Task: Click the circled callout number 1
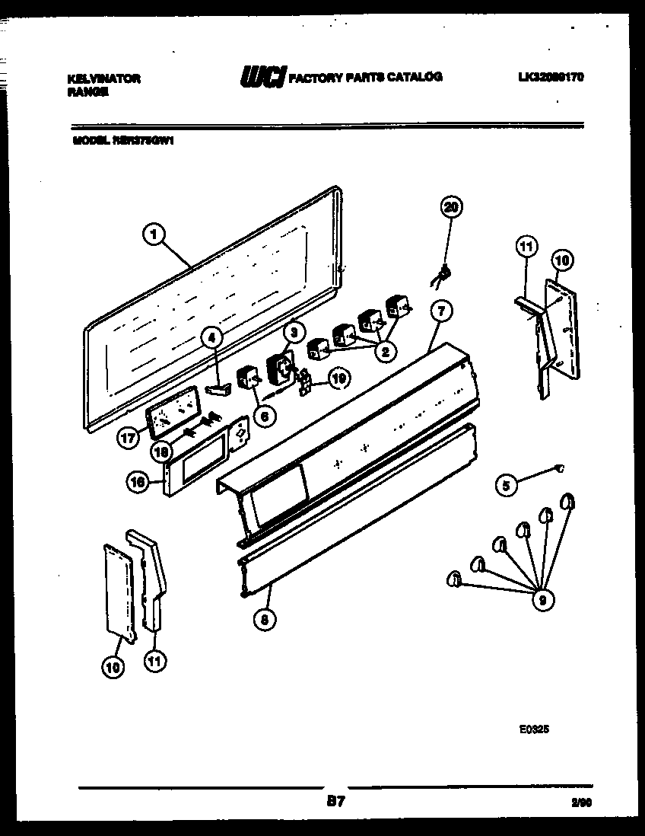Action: coord(154,236)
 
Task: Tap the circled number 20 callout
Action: coord(452,207)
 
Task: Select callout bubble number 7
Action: coord(440,310)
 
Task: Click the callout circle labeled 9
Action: coord(542,600)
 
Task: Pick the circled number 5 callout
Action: coord(505,484)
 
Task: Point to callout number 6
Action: coord(265,416)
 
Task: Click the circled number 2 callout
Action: coord(385,351)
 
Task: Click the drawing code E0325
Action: coord(534,729)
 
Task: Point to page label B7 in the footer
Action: coord(335,801)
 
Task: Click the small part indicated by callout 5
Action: coord(560,469)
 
